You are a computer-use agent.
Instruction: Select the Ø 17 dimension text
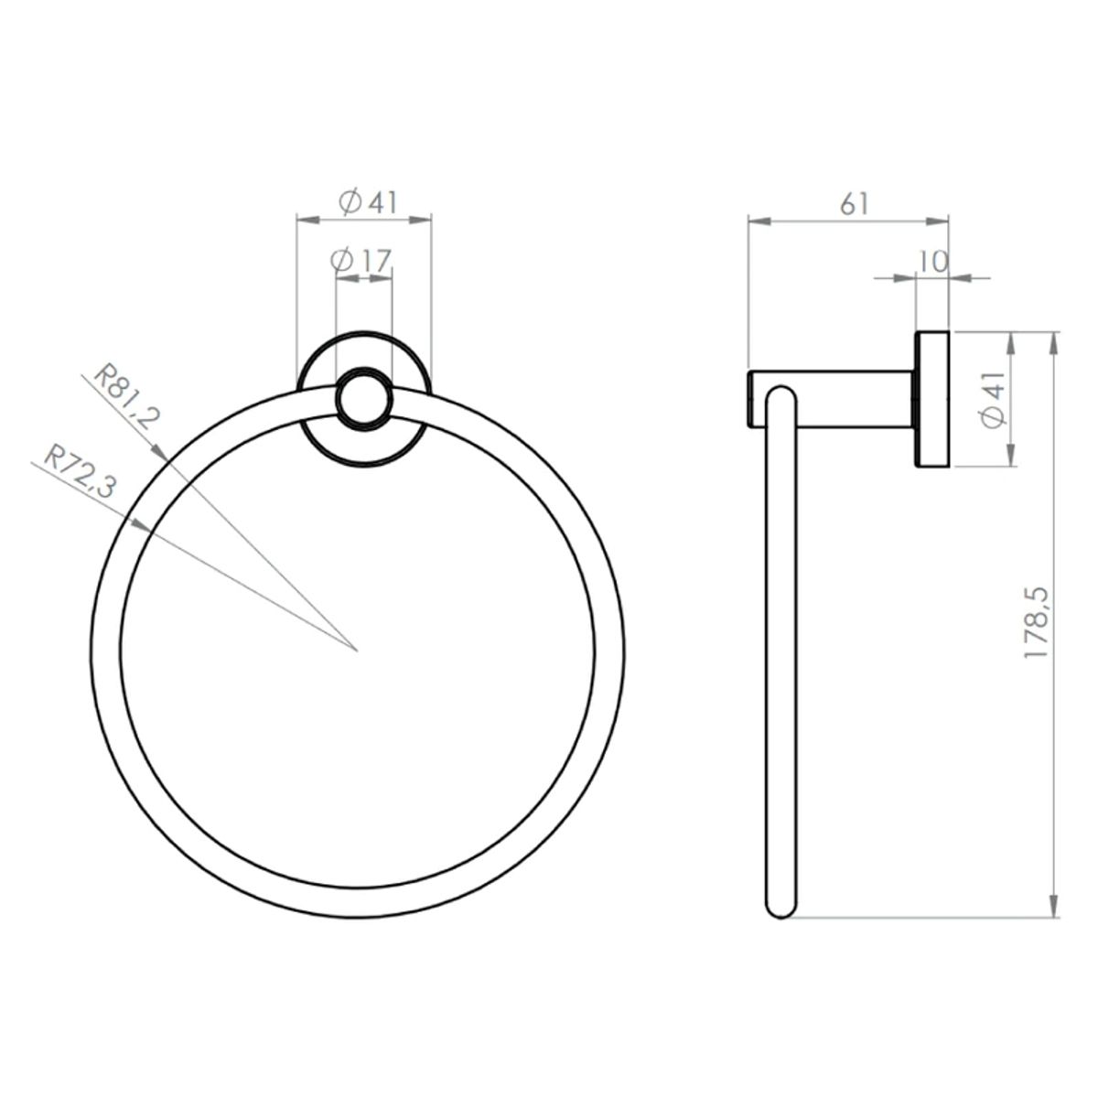[361, 261]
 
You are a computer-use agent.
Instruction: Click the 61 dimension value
[853, 204]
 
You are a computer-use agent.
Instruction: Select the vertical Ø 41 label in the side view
[993, 403]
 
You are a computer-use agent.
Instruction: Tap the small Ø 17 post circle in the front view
[364, 399]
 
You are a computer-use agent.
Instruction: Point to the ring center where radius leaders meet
[356, 651]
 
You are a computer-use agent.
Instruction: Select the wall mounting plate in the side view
[932, 399]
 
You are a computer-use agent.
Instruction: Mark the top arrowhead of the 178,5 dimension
[1055, 340]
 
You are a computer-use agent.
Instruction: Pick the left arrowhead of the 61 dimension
[756, 220]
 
